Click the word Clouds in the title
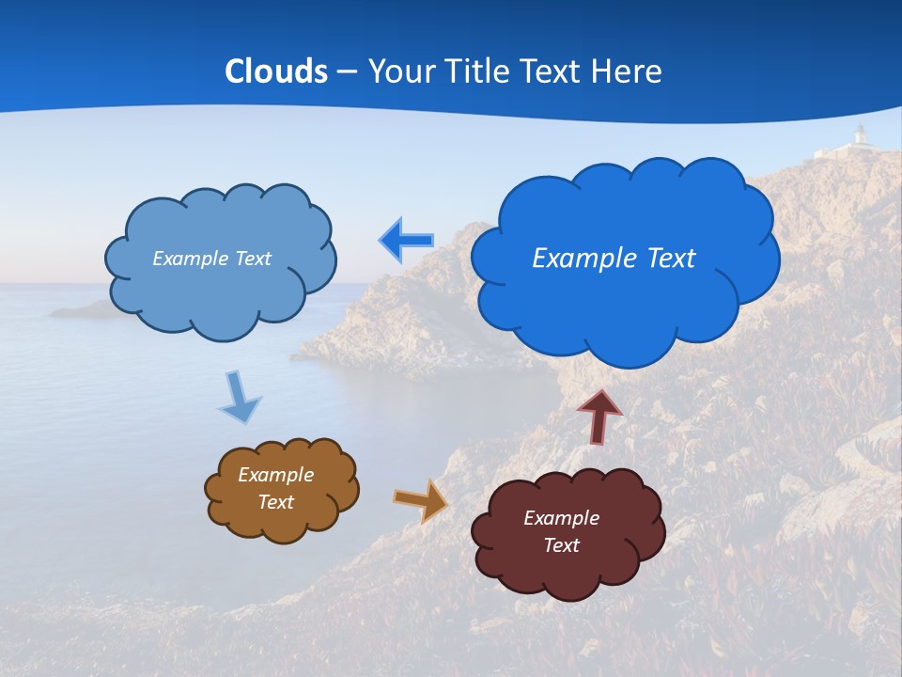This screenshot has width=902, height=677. click(x=275, y=71)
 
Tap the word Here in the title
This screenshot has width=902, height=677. click(x=627, y=71)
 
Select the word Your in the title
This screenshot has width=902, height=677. click(x=401, y=71)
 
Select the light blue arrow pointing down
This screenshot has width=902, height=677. click(x=239, y=399)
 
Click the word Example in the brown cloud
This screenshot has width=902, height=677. click(x=275, y=475)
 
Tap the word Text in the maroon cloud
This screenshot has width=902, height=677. click(x=561, y=545)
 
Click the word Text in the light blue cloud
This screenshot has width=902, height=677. click(x=251, y=259)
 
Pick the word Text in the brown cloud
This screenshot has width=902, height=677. click(x=275, y=502)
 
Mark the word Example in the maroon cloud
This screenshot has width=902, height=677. click(x=561, y=518)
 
